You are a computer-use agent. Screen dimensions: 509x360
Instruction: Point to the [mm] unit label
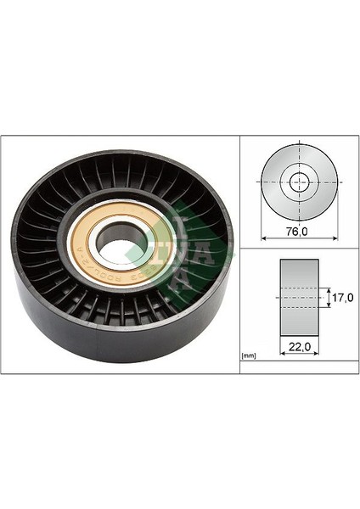[x=249, y=355]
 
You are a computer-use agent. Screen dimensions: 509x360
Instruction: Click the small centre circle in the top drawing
[x=300, y=182]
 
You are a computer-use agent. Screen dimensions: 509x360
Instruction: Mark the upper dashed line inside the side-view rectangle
[x=300, y=288]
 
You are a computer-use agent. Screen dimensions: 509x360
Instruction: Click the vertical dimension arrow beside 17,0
[x=329, y=298]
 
